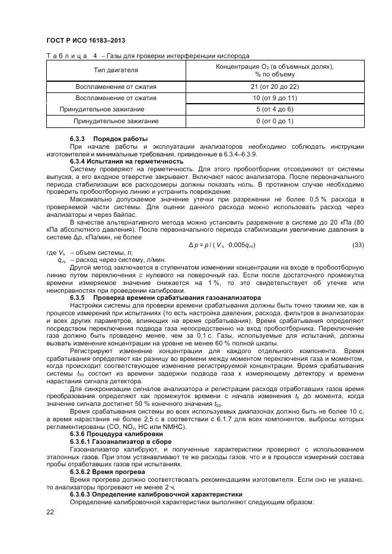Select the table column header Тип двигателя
[116, 71]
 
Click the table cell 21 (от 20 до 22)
[274, 87]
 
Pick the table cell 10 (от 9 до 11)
[274, 98]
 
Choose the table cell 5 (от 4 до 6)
[274, 110]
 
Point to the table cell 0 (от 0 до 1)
[274, 121]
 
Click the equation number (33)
[357, 245]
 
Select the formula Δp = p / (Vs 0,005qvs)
[222, 245]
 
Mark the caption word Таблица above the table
[65, 56]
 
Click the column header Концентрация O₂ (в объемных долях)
[274, 66]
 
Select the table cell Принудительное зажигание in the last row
[116, 121]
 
